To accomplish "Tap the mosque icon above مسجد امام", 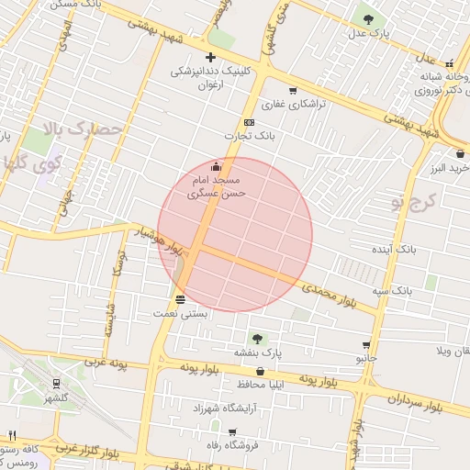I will [x=217, y=166].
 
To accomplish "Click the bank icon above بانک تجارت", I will [x=249, y=122].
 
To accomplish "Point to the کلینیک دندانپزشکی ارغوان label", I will [x=210, y=78].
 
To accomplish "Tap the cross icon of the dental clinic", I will [x=210, y=58].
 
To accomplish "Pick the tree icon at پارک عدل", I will [x=368, y=17].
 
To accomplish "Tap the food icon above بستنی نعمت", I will [x=180, y=299].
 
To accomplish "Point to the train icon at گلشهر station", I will [x=58, y=384].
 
